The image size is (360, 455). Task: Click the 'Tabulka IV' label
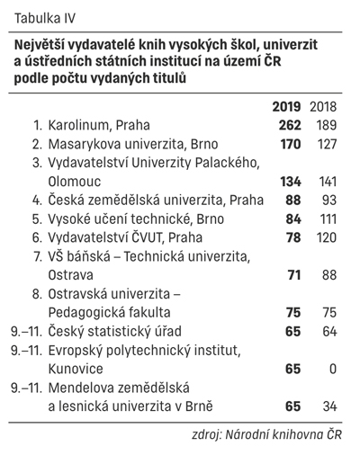(45, 18)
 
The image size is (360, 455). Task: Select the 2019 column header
(286, 107)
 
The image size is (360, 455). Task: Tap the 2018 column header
(323, 107)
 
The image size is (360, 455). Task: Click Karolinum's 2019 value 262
(290, 125)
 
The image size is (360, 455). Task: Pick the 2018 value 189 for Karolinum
(327, 125)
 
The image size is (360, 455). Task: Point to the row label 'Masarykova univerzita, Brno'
(133, 144)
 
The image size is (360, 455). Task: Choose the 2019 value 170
(291, 144)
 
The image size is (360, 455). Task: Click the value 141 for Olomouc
(328, 182)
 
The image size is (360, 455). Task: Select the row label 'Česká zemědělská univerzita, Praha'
(156, 201)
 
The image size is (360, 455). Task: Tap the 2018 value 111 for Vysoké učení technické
(328, 219)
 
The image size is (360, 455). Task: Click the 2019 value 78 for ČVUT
(293, 237)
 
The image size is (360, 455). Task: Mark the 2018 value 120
(327, 237)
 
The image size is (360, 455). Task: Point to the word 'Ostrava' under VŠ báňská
(71, 275)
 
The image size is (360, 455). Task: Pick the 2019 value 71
(293, 275)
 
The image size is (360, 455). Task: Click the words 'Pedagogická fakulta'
(109, 313)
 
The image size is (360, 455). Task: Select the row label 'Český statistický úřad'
(115, 332)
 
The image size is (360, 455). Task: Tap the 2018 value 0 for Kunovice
(333, 369)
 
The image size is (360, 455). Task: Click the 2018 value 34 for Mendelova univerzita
(329, 406)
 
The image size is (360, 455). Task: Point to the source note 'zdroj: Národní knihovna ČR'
(266, 434)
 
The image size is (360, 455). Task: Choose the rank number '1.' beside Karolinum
(38, 125)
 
